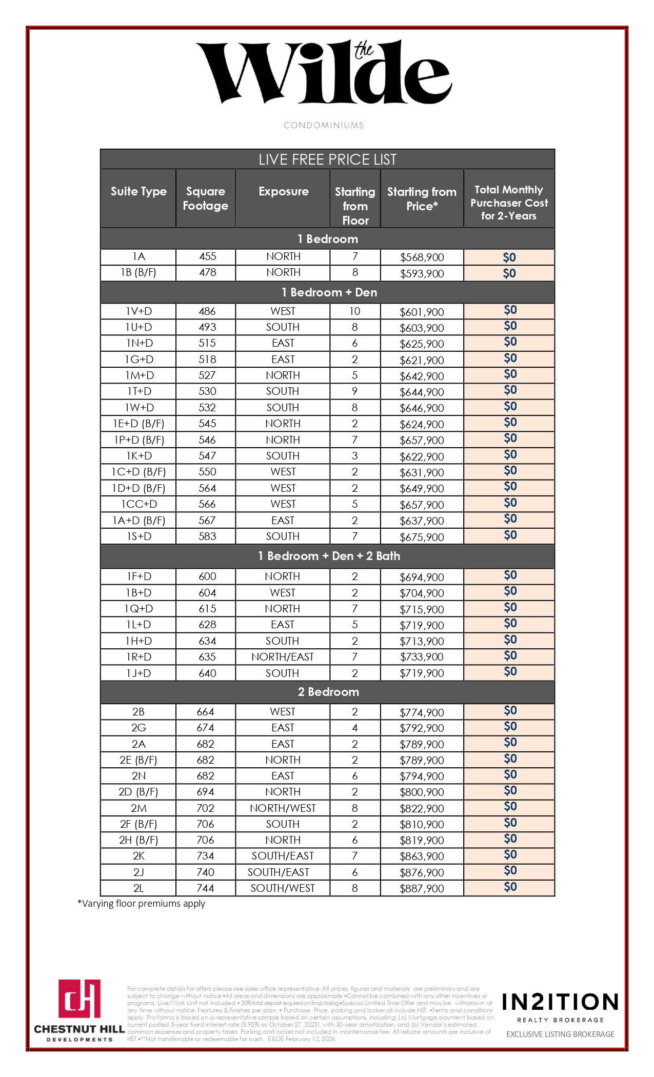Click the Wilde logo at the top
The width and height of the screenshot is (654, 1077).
[324, 72]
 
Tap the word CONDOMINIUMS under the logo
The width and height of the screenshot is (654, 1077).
[324, 125]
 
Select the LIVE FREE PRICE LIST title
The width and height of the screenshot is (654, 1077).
[327, 159]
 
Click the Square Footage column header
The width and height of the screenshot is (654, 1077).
[205, 198]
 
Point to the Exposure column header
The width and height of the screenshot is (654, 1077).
[284, 191]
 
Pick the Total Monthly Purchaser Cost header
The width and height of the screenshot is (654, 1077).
[509, 203]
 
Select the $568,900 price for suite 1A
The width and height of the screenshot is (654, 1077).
[422, 257]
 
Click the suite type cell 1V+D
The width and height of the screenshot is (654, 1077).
[138, 311]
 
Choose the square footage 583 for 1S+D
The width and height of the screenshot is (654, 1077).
[207, 536]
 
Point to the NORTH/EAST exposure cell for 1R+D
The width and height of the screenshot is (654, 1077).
[282, 657]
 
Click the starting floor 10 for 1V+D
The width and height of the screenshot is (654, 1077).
[354, 311]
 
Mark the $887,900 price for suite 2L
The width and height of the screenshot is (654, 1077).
[422, 889]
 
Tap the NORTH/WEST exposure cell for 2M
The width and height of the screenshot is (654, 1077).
[283, 808]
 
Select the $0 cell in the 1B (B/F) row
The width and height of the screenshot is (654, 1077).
[509, 273]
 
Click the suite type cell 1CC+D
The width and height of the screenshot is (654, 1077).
[139, 504]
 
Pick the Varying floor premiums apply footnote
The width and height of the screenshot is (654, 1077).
[141, 904]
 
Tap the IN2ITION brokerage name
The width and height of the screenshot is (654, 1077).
[560, 1002]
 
